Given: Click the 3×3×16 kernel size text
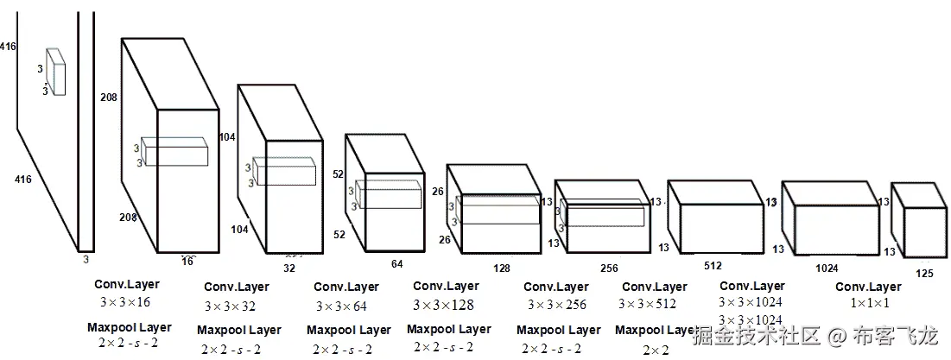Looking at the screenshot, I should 125,302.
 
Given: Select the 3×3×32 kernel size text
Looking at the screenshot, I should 231,306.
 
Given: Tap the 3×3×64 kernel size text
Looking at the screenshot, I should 341,306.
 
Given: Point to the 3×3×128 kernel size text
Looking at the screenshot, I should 444,305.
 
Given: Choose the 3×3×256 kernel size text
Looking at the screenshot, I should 555,306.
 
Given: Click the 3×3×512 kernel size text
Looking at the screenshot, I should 648,304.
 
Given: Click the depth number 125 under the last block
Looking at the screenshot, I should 924,274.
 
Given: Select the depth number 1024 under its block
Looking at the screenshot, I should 827,268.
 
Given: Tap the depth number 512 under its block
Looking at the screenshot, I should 713,266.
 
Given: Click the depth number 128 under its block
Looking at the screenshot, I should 501,268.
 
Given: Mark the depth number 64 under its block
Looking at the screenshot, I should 397,264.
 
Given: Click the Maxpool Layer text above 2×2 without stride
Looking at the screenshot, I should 656,330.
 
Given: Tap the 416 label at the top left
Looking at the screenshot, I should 9,46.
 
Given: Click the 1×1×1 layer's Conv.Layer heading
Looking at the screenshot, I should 868,287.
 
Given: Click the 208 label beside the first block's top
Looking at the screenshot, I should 109,97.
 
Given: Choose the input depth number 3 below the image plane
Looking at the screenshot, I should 86,258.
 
